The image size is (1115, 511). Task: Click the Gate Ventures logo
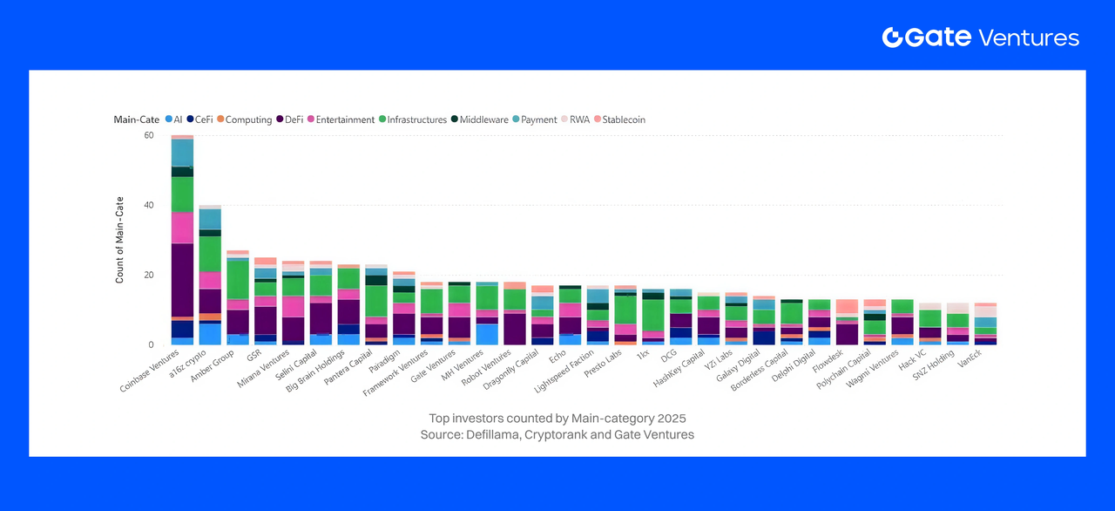click(x=980, y=37)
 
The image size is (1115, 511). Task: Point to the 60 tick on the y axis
click(x=148, y=136)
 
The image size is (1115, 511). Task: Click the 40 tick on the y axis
click(x=148, y=206)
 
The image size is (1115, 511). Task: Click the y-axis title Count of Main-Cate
click(x=119, y=240)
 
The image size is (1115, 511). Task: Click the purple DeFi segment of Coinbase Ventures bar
click(x=182, y=280)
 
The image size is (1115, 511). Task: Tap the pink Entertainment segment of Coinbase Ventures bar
click(x=182, y=228)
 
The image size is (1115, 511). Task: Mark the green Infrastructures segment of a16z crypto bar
click(x=210, y=254)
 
